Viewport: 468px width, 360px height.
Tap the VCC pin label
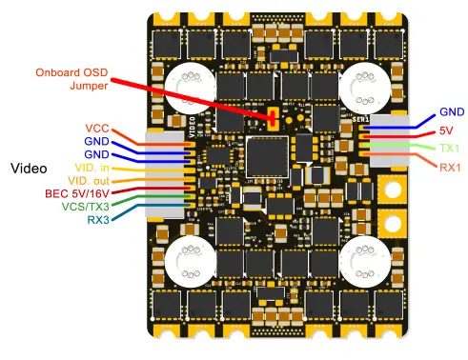point(97,127)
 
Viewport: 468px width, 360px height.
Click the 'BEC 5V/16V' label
point(78,192)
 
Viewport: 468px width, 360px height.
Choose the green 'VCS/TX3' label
point(85,206)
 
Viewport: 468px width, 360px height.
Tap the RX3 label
point(98,219)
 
